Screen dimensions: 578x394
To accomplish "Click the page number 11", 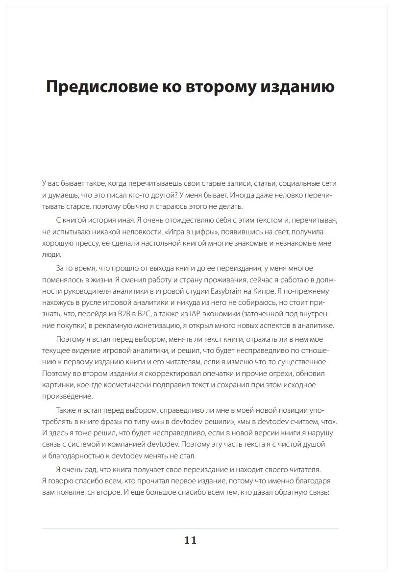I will click(191, 540).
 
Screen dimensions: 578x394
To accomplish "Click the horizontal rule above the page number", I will click(191, 528).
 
